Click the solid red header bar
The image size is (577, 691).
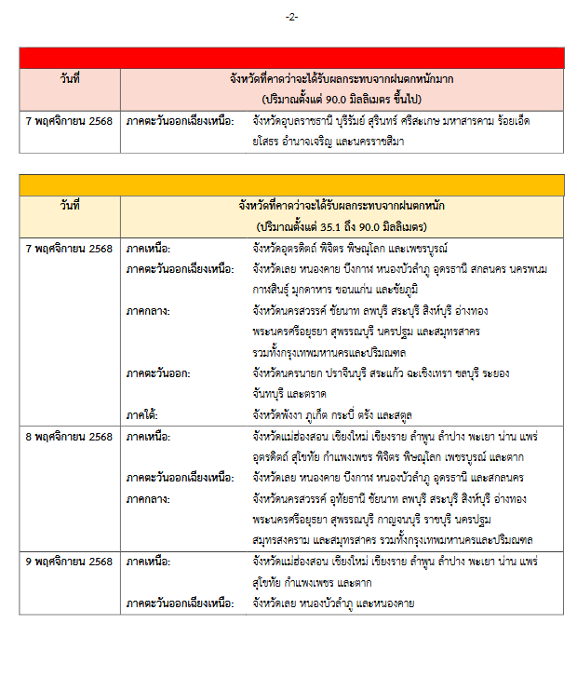click(291, 58)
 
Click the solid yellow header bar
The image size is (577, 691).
click(291, 184)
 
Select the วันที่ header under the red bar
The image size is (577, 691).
click(69, 79)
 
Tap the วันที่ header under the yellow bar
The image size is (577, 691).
click(69, 207)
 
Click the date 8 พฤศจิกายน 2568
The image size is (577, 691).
click(69, 436)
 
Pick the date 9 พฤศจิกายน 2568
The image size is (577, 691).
click(69, 562)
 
